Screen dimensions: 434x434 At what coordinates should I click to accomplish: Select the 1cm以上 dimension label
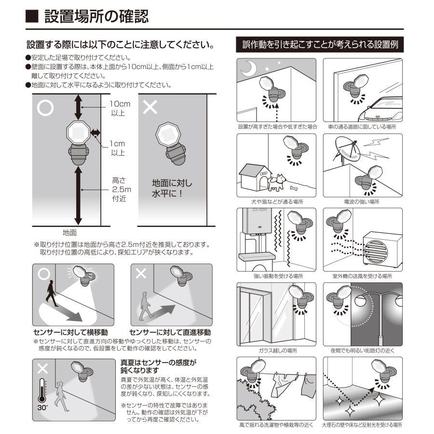[117, 148]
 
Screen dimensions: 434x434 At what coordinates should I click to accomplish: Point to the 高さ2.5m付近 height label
[118, 189]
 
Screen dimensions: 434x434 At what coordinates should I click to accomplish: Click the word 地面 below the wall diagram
[70, 232]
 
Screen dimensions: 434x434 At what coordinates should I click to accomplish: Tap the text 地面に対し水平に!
[172, 189]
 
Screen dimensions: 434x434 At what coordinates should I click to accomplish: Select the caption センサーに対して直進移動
[170, 333]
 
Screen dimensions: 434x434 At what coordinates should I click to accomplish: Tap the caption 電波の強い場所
[362, 202]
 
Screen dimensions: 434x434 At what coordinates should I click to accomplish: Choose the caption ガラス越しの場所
[277, 351]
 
